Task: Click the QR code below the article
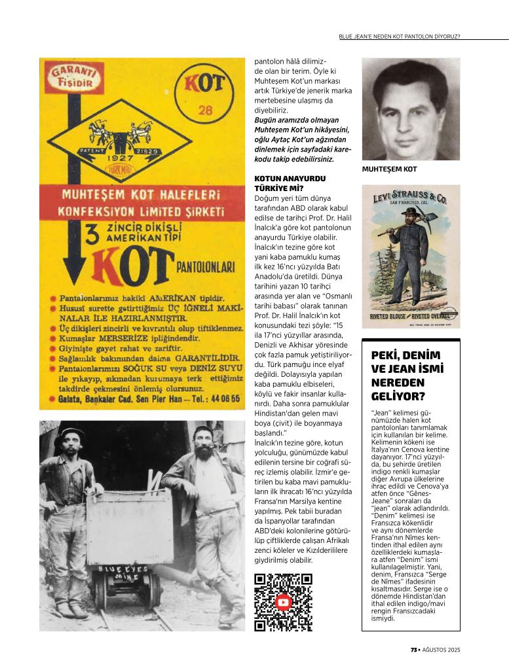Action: point(283,602)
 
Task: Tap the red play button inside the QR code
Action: point(283,602)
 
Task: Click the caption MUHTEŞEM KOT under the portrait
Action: point(389,169)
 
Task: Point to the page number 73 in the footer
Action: point(414,650)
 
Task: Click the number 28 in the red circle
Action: point(205,111)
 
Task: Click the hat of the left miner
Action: point(71,434)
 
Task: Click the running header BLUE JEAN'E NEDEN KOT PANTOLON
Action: point(399,36)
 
